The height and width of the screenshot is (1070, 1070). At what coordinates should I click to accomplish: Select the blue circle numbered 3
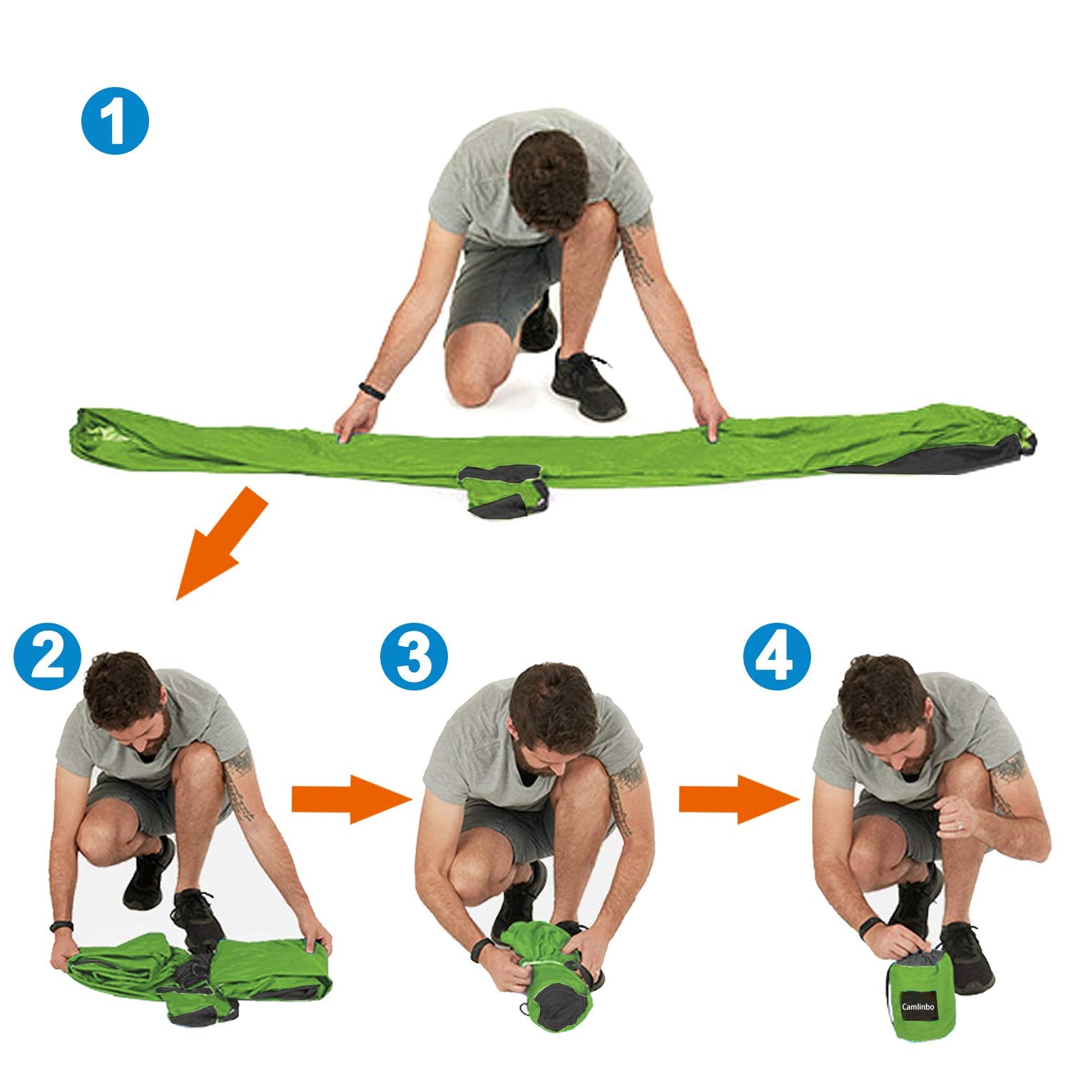click(414, 657)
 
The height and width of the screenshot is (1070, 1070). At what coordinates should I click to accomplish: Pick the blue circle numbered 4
click(778, 657)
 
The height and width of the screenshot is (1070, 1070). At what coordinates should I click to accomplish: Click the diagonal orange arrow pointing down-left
click(221, 542)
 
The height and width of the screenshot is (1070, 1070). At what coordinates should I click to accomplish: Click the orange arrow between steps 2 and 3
click(352, 799)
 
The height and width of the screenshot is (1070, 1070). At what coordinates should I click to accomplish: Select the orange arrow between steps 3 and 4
click(739, 799)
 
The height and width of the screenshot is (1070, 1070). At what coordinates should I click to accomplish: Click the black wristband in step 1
click(372, 391)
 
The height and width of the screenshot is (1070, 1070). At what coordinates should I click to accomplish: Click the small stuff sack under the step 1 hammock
click(504, 488)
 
